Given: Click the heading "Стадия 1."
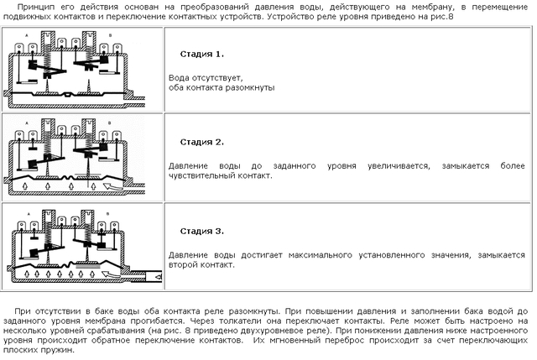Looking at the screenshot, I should (201, 55).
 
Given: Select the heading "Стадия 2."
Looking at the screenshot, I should (201, 142).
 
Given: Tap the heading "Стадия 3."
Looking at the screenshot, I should (201, 230).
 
